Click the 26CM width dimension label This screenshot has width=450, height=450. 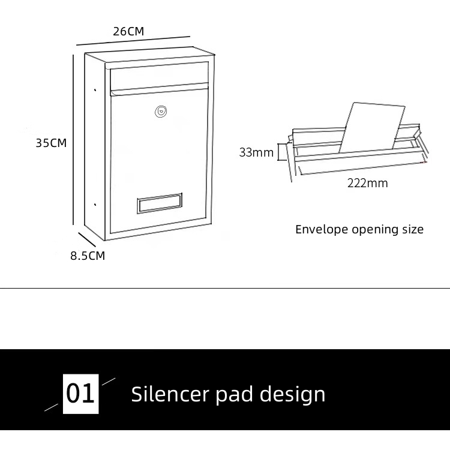pos(128,31)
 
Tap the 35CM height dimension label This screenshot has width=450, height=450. pos(51,143)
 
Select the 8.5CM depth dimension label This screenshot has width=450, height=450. pos(88,256)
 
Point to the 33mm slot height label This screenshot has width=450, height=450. pos(256,152)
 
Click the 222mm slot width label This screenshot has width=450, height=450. pos(367,183)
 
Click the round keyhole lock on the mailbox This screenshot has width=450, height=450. pos(160,111)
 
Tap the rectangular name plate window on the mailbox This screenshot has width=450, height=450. pos(160,203)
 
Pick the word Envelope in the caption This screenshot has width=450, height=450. pos(321,229)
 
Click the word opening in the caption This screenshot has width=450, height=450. pos(374,230)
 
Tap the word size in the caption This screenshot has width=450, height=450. pos(412,229)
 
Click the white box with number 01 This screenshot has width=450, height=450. pos(81,394)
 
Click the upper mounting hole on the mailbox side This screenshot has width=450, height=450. pos(95,91)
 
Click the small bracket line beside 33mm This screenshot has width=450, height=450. pos(278,152)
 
